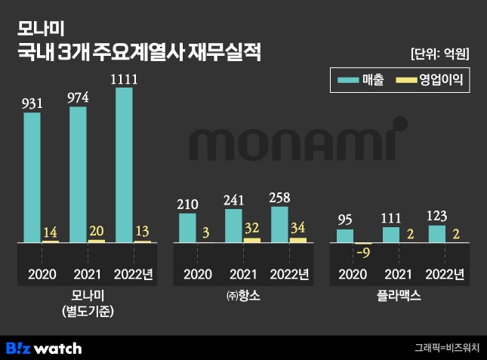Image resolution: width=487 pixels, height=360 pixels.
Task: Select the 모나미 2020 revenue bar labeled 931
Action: (x=32, y=177)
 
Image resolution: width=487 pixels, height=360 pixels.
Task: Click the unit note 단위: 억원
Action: (x=440, y=54)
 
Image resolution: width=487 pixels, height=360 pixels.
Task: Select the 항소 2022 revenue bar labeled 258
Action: (x=279, y=224)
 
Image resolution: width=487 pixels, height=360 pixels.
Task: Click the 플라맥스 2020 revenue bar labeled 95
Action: (x=344, y=235)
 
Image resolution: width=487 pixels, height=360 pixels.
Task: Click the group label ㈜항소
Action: (x=242, y=297)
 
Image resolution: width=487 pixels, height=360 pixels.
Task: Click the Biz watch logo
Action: (x=44, y=348)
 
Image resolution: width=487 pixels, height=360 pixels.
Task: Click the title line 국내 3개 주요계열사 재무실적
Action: (x=140, y=54)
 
